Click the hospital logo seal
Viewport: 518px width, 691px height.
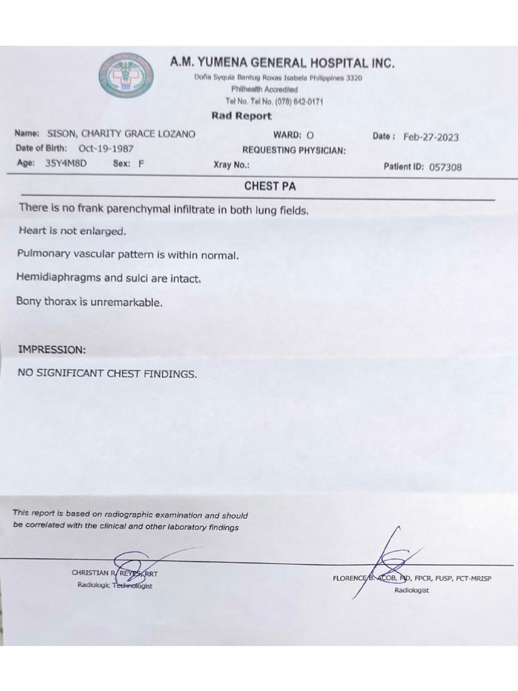125,76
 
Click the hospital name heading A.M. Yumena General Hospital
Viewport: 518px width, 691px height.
282,63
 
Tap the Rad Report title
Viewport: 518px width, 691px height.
241,115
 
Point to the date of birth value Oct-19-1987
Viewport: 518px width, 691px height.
106,148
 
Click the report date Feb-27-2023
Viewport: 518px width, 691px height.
431,137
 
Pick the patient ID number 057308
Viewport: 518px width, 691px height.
445,167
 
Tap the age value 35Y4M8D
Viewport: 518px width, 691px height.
66,163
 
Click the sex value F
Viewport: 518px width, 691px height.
141,163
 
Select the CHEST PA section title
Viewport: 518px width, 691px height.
270,186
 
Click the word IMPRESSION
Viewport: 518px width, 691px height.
52,350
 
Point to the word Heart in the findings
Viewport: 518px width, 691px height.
32,231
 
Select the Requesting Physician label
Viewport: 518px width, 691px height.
294,150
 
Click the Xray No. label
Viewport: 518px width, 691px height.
231,165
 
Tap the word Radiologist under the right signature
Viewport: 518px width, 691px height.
411,590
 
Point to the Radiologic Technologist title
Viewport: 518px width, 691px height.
115,585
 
